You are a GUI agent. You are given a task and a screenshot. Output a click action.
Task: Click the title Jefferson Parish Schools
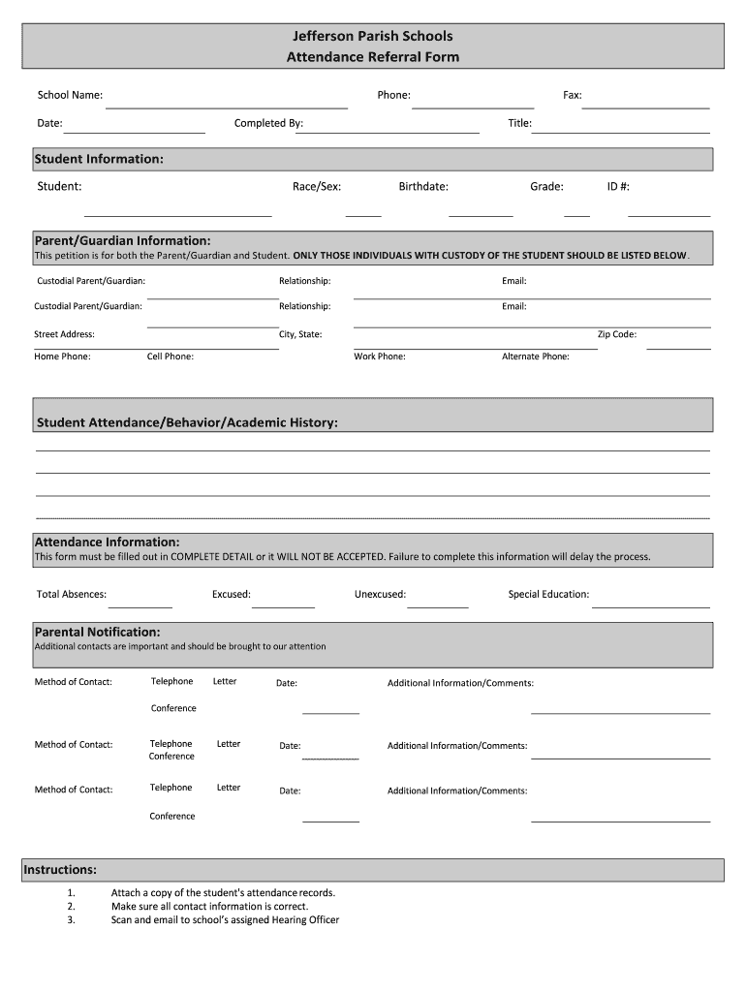tap(373, 36)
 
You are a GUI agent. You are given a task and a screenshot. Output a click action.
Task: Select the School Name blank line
tap(226, 108)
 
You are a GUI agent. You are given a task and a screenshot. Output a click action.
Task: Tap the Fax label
tap(573, 95)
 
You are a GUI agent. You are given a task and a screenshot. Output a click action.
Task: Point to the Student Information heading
tap(99, 159)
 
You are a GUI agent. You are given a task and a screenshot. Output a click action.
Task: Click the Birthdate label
tap(423, 187)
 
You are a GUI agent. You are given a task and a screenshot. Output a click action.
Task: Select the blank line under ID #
tap(668, 215)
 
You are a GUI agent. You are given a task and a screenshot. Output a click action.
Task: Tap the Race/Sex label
tap(317, 187)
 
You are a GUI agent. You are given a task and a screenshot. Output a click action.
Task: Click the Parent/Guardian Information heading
tap(122, 240)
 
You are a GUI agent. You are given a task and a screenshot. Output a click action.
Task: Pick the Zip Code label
tap(616, 334)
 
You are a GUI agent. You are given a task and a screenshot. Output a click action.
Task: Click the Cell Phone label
tap(171, 356)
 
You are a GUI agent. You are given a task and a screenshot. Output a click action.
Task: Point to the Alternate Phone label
tap(536, 356)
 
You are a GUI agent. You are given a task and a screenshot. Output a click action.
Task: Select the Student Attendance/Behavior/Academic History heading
tap(188, 423)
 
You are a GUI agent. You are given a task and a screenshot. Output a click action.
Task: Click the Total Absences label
tap(72, 594)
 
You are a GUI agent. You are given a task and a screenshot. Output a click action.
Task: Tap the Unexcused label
tap(380, 594)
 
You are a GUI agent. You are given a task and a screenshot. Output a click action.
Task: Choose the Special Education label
tap(548, 594)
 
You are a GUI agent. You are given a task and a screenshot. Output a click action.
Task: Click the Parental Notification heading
tap(98, 632)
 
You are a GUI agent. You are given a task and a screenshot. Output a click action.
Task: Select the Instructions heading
tap(60, 870)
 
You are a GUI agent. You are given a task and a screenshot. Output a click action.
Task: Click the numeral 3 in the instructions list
tap(72, 919)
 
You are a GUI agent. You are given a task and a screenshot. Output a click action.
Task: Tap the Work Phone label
tap(380, 356)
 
